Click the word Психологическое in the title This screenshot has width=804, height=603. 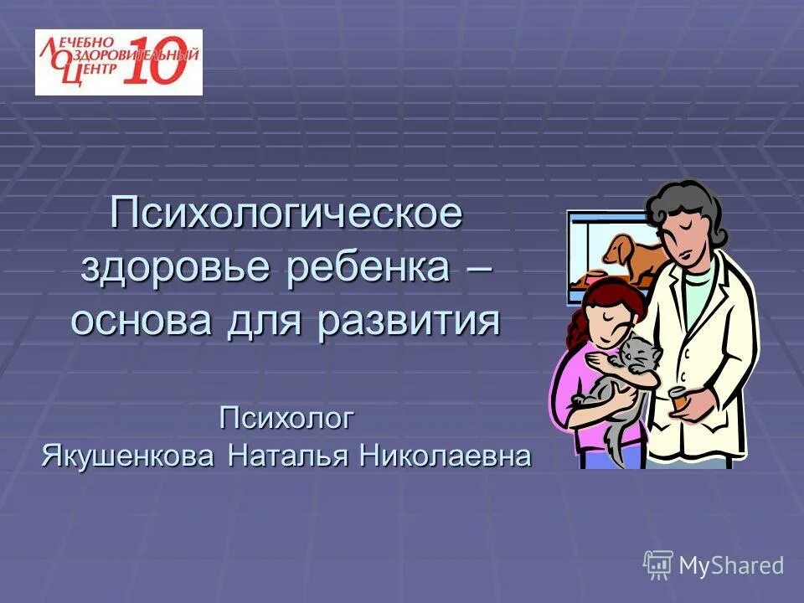point(287,214)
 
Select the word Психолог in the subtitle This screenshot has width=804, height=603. point(287,417)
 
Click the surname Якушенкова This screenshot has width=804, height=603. point(131,457)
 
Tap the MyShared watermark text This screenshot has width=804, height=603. point(731,566)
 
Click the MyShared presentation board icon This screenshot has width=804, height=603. point(658,565)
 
